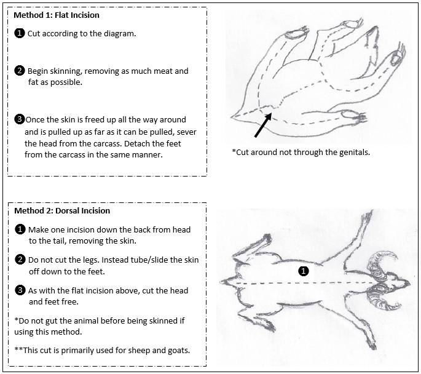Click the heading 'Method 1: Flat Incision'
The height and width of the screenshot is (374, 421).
coord(57,15)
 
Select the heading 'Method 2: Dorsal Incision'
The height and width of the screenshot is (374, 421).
coord(62,210)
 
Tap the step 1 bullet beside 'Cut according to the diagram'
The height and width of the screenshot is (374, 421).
coord(20,33)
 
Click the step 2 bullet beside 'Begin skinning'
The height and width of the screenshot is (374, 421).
coord(20,71)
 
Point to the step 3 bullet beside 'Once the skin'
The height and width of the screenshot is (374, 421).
coord(20,119)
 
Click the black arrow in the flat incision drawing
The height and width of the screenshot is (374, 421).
coord(263,125)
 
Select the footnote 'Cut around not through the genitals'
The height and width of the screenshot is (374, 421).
coord(301,153)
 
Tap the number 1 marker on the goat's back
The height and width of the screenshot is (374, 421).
coord(304,271)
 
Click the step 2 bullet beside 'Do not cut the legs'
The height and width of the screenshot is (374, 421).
coord(20,260)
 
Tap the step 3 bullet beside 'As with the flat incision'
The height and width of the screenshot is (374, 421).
coord(20,290)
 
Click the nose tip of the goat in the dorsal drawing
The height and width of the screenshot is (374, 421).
coord(409,284)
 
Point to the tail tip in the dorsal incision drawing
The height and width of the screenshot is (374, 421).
coord(221,282)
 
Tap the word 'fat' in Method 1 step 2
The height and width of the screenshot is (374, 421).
coord(33,82)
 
